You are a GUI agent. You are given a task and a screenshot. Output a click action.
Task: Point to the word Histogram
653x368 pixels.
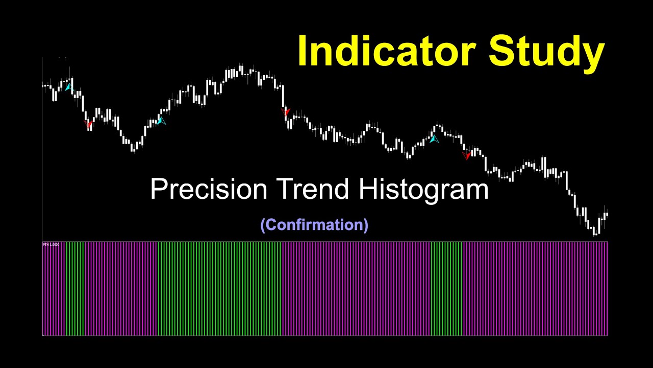tap(423, 190)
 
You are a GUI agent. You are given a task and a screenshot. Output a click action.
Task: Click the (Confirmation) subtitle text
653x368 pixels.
tap(314, 224)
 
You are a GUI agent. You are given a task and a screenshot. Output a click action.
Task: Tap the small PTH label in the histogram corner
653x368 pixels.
tap(51, 245)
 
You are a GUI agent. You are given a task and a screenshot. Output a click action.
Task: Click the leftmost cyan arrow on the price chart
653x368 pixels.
tap(68, 87)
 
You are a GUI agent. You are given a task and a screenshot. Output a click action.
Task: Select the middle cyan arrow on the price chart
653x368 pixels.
tap(161, 121)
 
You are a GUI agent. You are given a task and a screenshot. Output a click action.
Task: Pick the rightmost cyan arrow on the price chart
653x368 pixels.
tap(434, 138)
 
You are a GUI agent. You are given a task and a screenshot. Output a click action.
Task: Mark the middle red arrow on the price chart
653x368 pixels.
tap(286, 111)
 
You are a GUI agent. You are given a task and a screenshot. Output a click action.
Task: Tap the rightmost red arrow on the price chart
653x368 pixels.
tap(467, 155)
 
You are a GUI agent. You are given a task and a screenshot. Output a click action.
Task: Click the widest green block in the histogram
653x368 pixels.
tap(219, 289)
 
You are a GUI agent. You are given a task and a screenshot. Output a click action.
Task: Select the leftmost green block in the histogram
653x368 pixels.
tap(74, 289)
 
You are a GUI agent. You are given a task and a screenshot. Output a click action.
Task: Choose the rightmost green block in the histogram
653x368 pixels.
tap(446, 289)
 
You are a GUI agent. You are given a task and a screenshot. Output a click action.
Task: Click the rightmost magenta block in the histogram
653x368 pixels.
tap(535, 289)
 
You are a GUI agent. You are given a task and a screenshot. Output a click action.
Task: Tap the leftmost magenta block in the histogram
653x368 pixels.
tap(54, 289)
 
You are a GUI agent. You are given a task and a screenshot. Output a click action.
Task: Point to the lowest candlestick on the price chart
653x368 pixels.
tap(594, 233)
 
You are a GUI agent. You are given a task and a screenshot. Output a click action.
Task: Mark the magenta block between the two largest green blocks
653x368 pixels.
tap(356, 289)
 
